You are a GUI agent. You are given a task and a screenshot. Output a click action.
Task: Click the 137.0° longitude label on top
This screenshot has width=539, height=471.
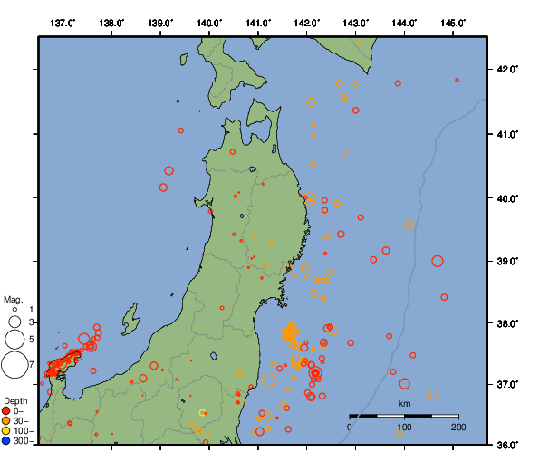tap(63, 22)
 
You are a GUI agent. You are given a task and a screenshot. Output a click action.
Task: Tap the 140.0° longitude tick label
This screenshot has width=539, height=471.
tap(209, 22)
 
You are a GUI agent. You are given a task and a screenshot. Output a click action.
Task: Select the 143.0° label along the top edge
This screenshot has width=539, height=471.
tap(356, 22)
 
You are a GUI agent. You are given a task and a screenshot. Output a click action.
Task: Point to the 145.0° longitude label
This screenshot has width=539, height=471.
tap(453, 22)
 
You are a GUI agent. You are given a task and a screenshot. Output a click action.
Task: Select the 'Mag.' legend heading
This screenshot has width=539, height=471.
tap(13, 299)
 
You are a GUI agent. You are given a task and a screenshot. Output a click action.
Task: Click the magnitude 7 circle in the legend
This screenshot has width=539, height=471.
tap(14, 365)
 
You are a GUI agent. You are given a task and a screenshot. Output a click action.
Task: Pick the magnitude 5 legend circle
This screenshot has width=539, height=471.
tap(14, 340)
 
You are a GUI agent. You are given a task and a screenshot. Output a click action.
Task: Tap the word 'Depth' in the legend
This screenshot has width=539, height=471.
tap(15, 399)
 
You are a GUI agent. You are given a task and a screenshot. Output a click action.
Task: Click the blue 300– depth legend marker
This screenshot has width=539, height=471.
tap(6, 441)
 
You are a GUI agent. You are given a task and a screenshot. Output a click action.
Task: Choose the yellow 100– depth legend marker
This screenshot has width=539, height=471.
tap(6, 430)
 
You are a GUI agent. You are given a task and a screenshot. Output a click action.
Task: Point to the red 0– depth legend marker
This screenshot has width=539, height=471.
tap(6, 410)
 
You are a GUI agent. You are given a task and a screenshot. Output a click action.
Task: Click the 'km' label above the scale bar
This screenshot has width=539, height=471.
tap(404, 403)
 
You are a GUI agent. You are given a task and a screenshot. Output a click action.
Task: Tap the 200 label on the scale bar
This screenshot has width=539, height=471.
tap(457, 426)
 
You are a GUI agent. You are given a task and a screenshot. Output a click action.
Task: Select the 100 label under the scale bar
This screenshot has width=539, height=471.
tap(404, 426)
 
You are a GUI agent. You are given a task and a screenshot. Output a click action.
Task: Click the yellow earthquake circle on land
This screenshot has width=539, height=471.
tap(202, 413)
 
